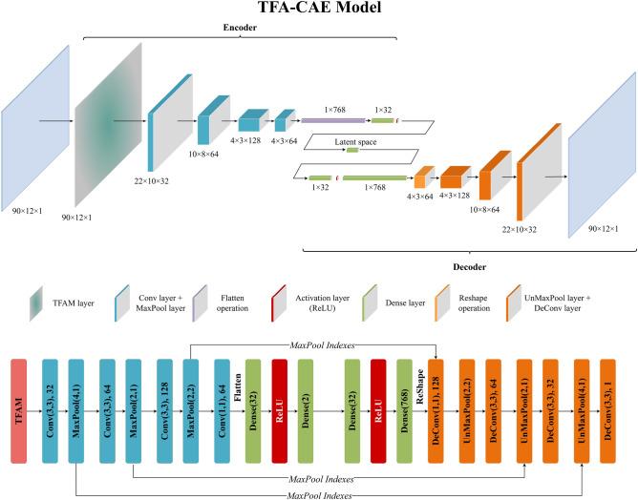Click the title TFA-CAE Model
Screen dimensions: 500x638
pyautogui.click(x=319, y=9)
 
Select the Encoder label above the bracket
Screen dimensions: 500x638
pyautogui.click(x=240, y=29)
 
